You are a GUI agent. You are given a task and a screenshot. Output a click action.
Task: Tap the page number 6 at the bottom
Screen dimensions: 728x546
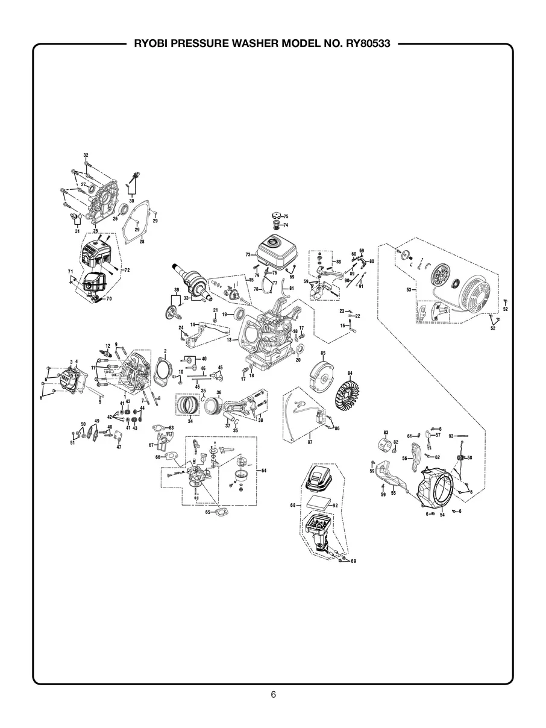click(273, 695)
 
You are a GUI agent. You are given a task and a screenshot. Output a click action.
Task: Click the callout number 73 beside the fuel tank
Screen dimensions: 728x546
click(248, 255)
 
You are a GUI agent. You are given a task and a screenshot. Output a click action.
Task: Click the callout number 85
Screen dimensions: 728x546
click(323, 353)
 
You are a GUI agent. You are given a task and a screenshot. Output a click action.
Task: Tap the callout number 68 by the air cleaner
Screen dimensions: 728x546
click(293, 505)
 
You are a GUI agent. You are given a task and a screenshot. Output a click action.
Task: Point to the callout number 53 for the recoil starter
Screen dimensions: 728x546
click(409, 290)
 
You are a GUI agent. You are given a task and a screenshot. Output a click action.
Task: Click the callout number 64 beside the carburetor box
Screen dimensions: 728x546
click(262, 469)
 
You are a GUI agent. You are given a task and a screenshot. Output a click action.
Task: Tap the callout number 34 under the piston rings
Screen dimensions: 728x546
click(190, 421)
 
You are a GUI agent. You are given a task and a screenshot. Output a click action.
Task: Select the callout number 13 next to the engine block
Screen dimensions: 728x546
click(229, 340)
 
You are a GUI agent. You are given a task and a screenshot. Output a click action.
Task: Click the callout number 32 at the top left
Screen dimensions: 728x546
click(86, 156)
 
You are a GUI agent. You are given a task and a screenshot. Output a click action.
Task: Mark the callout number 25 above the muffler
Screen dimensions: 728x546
click(95, 231)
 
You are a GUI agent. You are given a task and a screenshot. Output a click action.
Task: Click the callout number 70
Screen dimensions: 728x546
click(109, 298)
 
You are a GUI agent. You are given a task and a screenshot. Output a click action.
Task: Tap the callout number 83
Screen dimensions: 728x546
click(386, 433)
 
